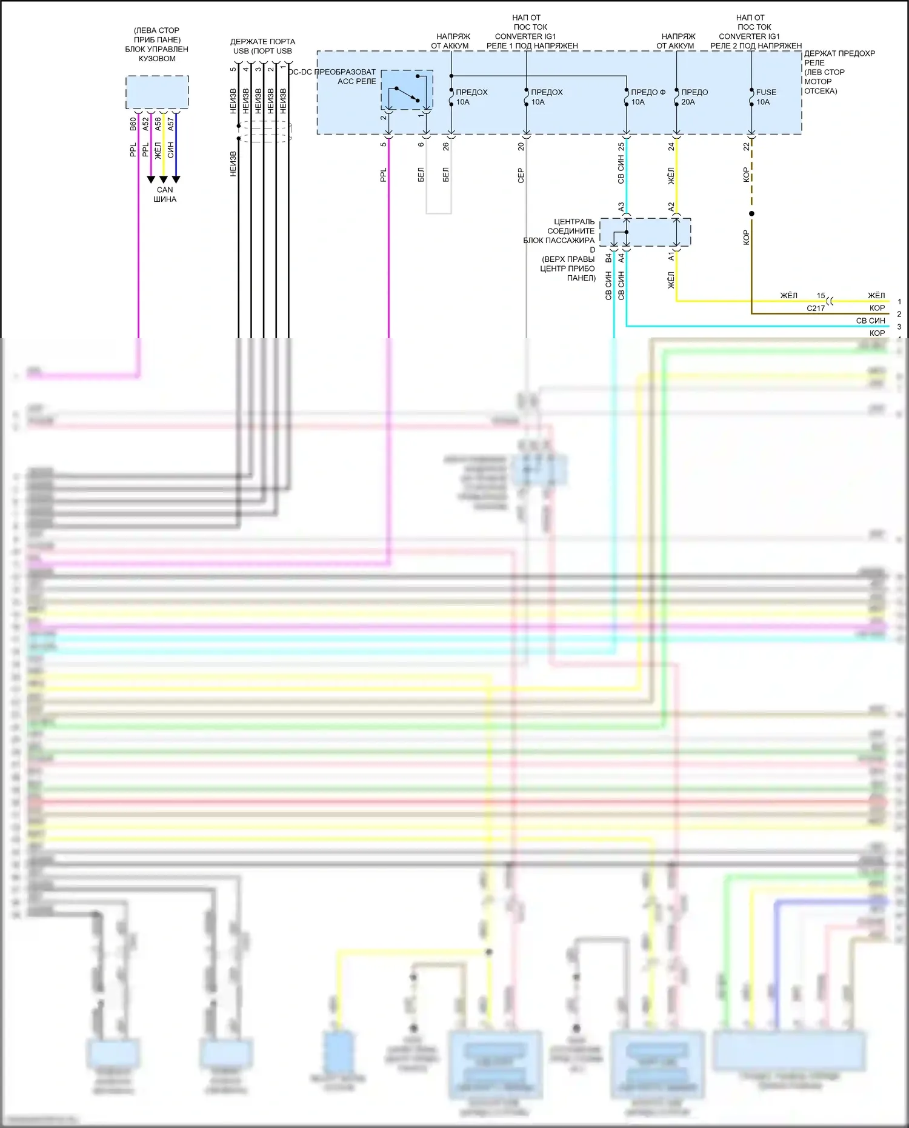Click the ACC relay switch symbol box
[x=407, y=90]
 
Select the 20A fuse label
[x=694, y=97]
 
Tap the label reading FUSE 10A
[x=765, y=97]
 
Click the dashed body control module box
[x=157, y=92]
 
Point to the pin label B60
[x=133, y=124]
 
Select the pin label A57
[x=171, y=124]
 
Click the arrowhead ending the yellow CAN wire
[x=163, y=179]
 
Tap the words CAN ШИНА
[x=164, y=195]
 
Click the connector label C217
[x=815, y=309]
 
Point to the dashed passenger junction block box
[x=645, y=232]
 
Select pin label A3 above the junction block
[x=621, y=207]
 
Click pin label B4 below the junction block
[x=608, y=258]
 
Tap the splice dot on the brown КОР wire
[x=751, y=214]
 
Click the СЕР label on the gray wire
[x=521, y=176]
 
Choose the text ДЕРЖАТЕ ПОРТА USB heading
[x=262, y=46]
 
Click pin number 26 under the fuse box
[x=446, y=147]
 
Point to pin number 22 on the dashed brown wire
[x=747, y=147]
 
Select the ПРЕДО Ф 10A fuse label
[x=647, y=97]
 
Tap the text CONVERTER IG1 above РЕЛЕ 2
[x=749, y=36]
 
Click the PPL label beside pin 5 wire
[x=383, y=176]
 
